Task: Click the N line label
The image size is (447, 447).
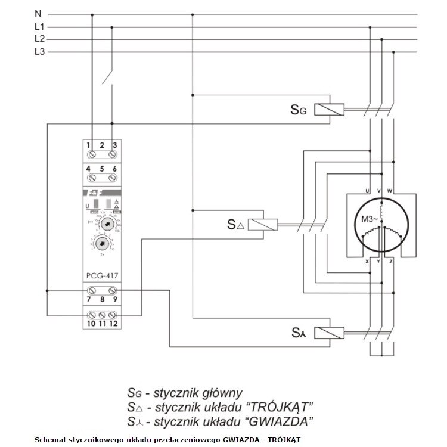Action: (38, 13)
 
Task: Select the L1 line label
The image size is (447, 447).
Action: (39, 26)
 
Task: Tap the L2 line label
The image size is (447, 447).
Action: (39, 39)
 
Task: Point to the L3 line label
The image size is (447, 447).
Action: (39, 52)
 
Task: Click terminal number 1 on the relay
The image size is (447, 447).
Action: (88, 145)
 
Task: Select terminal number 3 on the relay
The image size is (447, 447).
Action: (114, 145)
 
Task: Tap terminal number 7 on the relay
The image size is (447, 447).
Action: (88, 300)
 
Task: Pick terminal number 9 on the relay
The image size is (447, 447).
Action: (114, 300)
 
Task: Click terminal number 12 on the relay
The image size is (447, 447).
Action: (113, 324)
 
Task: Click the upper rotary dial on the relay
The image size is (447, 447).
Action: (107, 224)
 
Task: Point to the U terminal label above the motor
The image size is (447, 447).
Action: (367, 190)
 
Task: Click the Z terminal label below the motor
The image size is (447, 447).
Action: (391, 262)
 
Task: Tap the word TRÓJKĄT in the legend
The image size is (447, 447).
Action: (280, 407)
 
